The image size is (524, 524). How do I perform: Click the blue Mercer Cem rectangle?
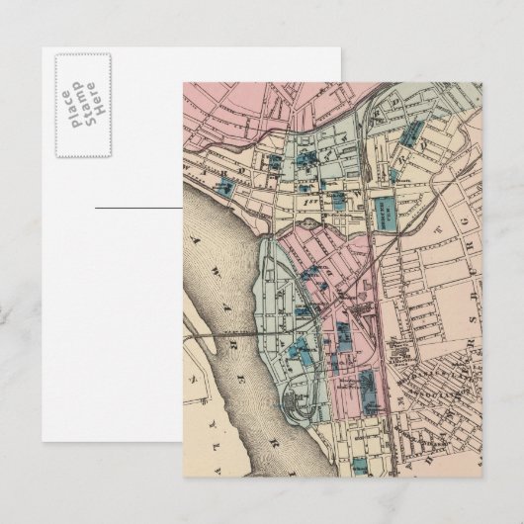click(382, 207)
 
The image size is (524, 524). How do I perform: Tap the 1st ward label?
click(314, 198)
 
